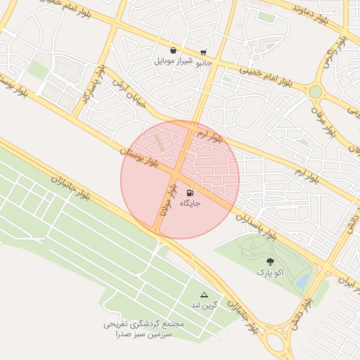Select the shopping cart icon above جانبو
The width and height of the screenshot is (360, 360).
pyautogui.click(x=203, y=53)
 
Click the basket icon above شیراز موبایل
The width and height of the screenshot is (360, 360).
pyautogui.click(x=173, y=51)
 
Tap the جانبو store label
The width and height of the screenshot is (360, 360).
pyautogui.click(x=202, y=63)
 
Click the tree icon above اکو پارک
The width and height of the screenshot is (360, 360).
pyautogui.click(x=270, y=262)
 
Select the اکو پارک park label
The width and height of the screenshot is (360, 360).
pyautogui.click(x=270, y=271)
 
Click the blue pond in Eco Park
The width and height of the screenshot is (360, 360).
pyautogui.click(x=302, y=281)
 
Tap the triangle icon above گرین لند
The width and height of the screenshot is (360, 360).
pyautogui.click(x=205, y=295)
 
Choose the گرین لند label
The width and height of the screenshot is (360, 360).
pyautogui.click(x=205, y=305)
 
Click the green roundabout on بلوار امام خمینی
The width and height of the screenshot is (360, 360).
pyautogui.click(x=316, y=91)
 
